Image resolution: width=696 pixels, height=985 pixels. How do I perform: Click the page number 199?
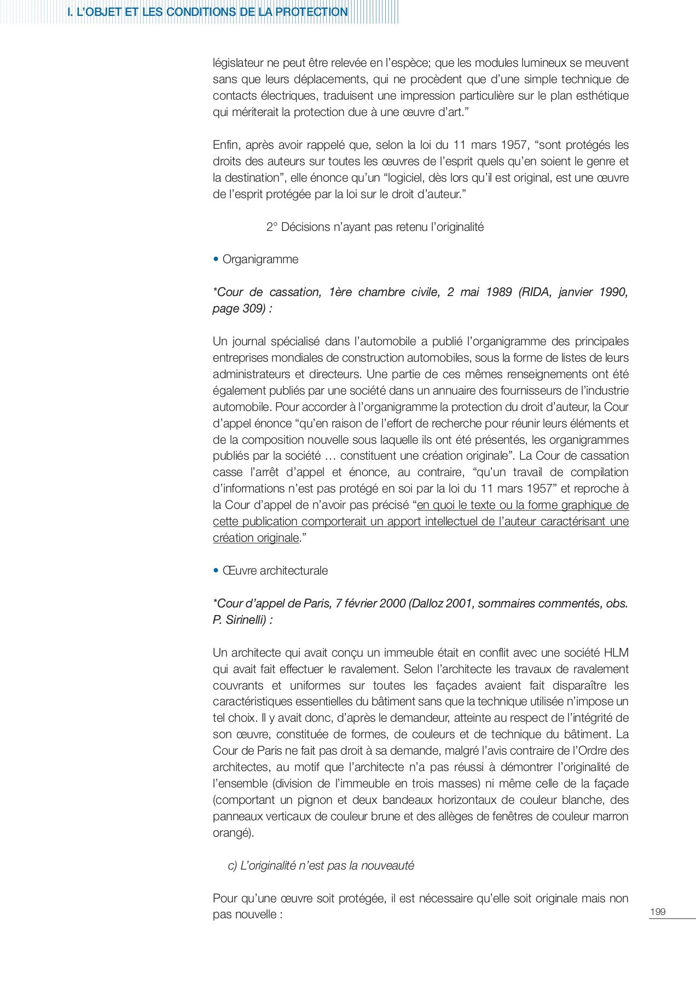(657, 912)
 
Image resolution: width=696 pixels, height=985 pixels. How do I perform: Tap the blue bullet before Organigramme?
(216, 259)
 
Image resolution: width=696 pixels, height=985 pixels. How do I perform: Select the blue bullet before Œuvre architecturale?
(216, 571)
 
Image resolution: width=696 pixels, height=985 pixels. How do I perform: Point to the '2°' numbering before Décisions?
(272, 227)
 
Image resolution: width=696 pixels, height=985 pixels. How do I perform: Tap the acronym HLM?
(616, 653)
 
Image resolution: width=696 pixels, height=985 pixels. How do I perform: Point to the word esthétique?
(600, 96)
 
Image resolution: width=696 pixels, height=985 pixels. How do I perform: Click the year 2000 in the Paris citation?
(392, 604)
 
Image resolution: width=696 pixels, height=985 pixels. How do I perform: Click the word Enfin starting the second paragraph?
(225, 145)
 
